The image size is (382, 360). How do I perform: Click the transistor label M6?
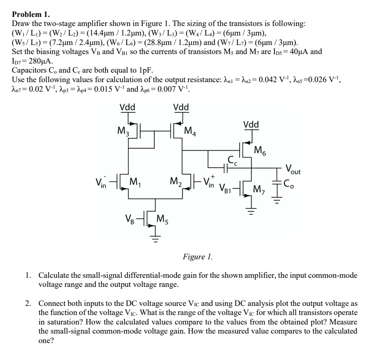pyautogui.click(x=260, y=150)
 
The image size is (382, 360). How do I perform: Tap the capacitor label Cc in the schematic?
pyautogui.click(x=231, y=159)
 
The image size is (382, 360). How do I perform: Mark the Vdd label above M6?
pyautogui.click(x=252, y=124)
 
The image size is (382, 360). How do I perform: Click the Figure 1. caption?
pyautogui.click(x=197, y=257)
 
